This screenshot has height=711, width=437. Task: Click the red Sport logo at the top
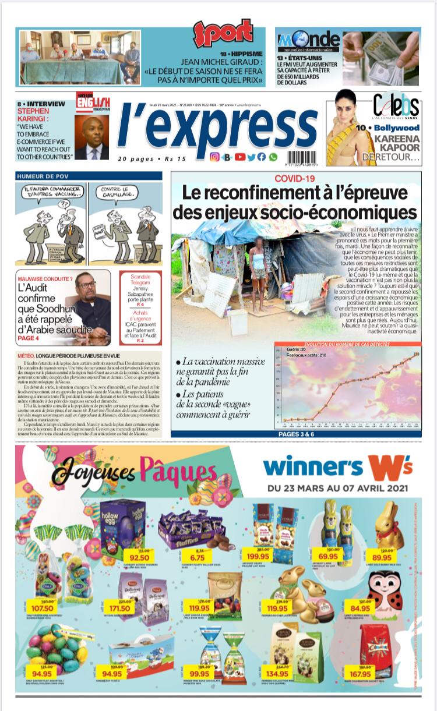[x=223, y=34]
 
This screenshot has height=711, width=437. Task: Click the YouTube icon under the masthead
[x=239, y=157]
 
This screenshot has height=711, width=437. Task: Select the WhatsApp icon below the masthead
[x=273, y=157]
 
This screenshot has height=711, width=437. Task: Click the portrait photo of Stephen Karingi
[x=91, y=137]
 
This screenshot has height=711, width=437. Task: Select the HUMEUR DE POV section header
[x=41, y=175]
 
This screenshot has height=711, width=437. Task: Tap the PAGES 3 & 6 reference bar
[x=296, y=434]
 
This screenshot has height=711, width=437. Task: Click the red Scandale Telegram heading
[x=140, y=282]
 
